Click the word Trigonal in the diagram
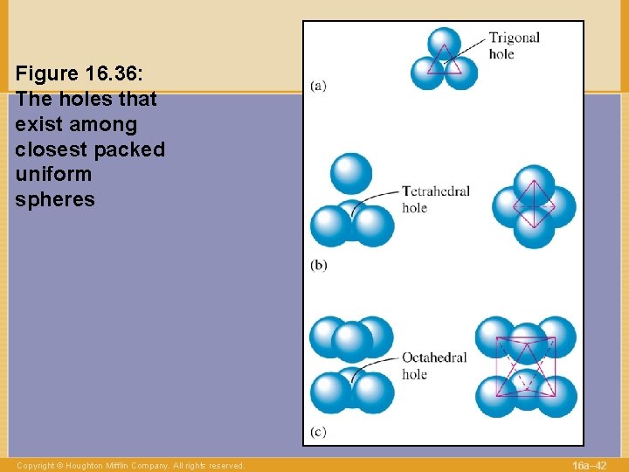tap(514, 38)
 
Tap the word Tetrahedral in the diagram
tap(436, 191)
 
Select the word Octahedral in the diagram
tap(434, 357)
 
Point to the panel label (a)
tap(319, 86)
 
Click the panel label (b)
tap(319, 265)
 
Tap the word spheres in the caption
tap(54, 199)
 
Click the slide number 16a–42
tap(589, 465)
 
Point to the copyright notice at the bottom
tap(130, 466)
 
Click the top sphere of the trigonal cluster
tap(445, 45)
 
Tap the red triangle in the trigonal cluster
tap(445, 61)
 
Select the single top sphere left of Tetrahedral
tap(351, 173)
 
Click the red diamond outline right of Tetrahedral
tap(534, 207)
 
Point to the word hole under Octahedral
tap(414, 374)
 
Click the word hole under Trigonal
tap(501, 54)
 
